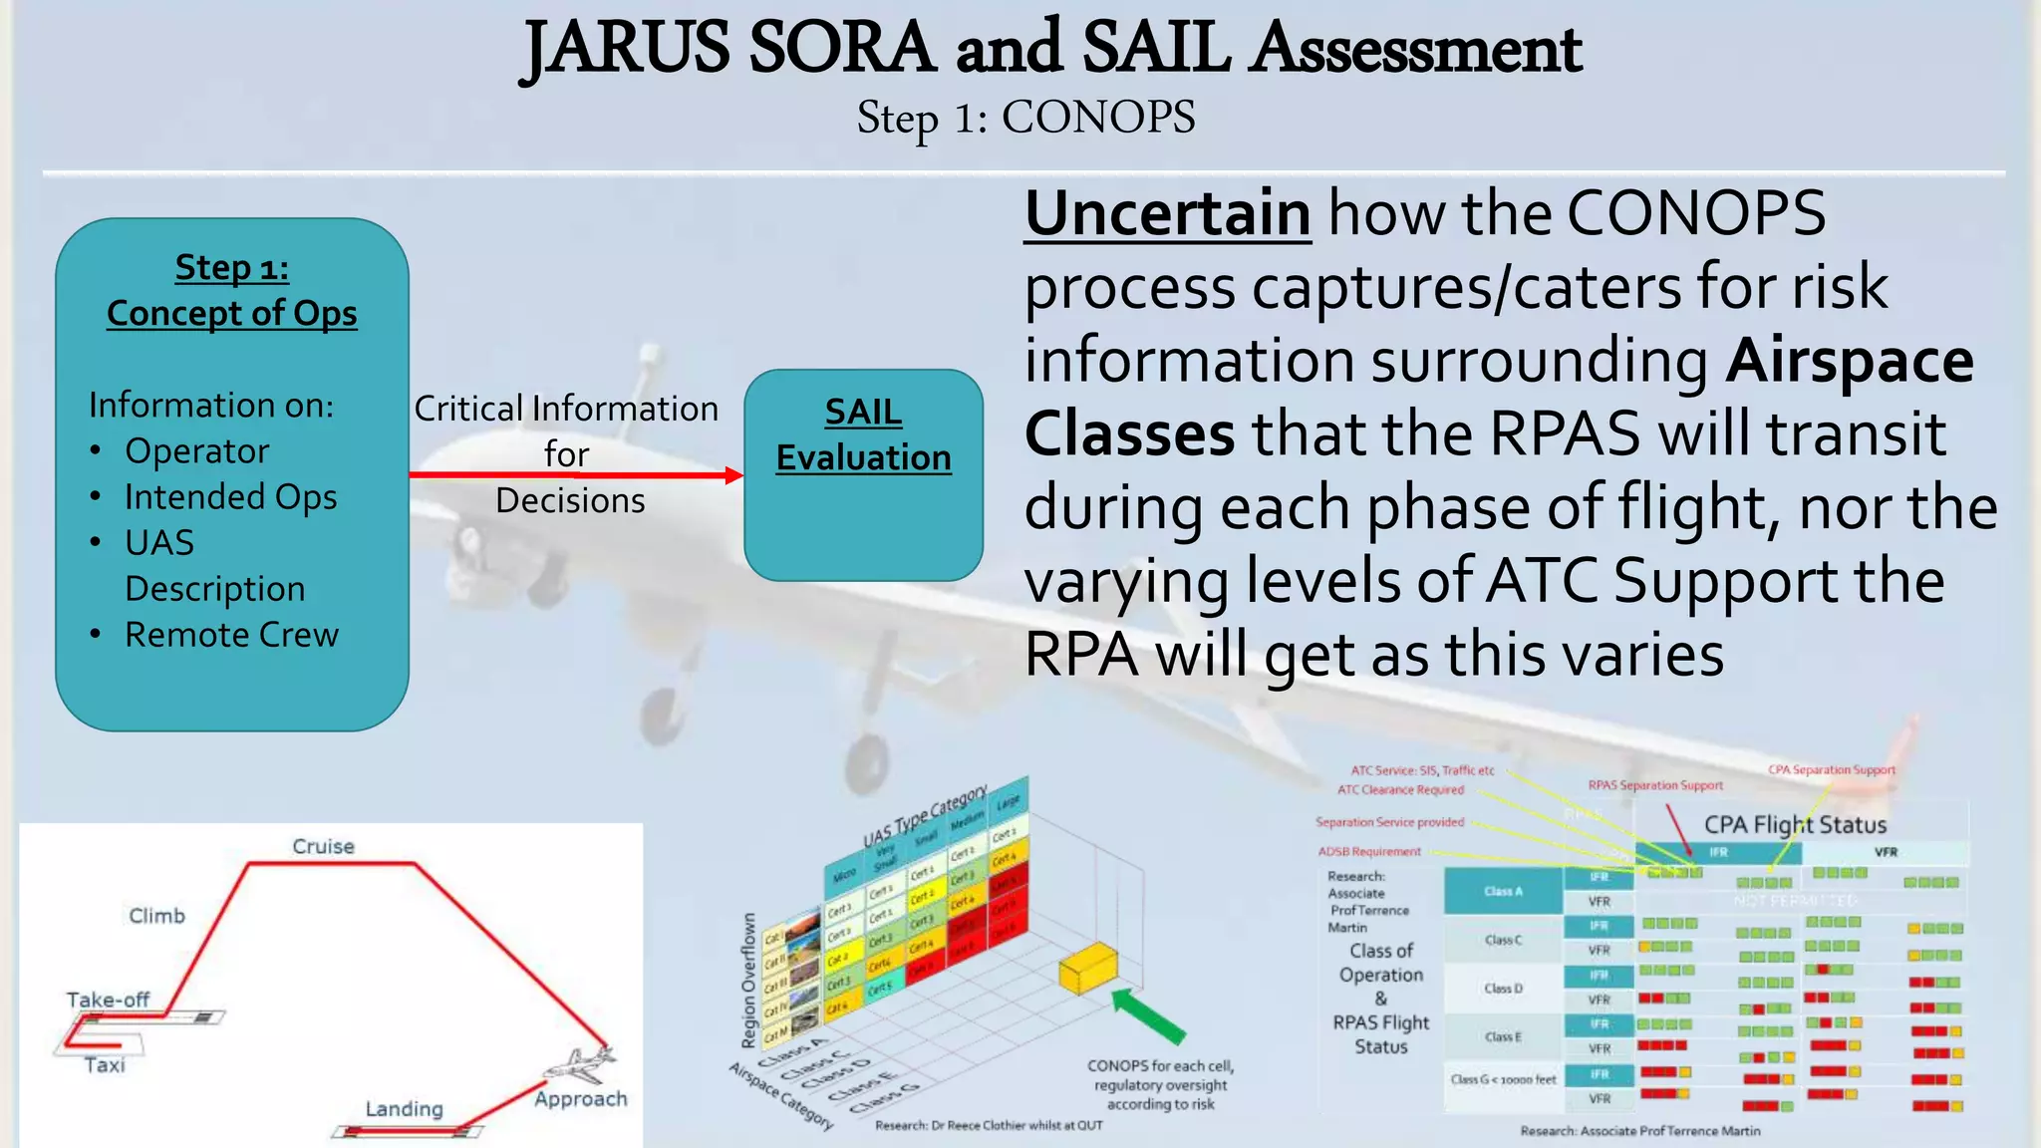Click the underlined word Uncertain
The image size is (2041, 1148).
pos(1167,213)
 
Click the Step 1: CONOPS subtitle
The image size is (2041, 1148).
pos(1025,118)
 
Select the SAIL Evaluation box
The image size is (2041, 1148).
pos(863,475)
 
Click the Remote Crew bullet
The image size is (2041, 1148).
pos(231,635)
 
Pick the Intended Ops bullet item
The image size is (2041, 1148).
pos(230,496)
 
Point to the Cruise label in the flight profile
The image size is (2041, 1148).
pos(323,846)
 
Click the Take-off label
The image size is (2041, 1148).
pos(108,1000)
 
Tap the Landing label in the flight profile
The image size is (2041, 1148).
pos(404,1108)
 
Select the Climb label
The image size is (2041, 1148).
pos(156,916)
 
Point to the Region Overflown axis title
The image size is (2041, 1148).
pos(748,982)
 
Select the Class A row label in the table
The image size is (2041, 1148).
pos(1503,891)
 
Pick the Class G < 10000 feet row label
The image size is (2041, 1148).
pos(1503,1079)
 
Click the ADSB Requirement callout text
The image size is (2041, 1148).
pos(1369,852)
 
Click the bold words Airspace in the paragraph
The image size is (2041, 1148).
pos(1849,361)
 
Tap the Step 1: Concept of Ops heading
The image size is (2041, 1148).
pos(231,290)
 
